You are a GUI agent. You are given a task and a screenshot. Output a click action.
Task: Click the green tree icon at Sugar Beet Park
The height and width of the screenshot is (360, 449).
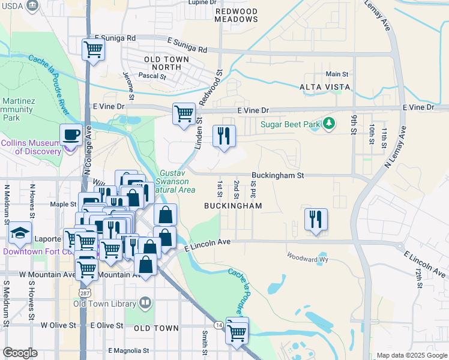click(x=328, y=125)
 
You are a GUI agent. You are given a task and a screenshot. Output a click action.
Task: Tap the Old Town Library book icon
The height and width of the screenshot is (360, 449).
click(x=145, y=304)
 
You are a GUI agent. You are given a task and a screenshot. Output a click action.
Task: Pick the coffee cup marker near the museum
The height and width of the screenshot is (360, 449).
click(x=71, y=135)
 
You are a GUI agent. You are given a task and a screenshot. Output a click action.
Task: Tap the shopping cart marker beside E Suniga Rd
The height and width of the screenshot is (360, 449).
click(x=93, y=50)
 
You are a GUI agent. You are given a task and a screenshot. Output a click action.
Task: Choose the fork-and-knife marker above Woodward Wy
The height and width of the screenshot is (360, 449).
click(x=316, y=220)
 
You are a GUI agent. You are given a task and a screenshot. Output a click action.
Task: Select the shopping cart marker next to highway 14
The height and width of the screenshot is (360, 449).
click(x=237, y=332)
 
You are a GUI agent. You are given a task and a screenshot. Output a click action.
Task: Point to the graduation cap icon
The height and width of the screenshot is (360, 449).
click(x=20, y=233)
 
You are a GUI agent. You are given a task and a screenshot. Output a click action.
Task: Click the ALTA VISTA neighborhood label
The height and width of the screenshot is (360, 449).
click(x=324, y=88)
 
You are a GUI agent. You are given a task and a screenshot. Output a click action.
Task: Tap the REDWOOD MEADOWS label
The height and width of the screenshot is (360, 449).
click(x=236, y=16)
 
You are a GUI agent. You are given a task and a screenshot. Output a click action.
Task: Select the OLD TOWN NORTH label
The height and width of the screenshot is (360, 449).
click(x=166, y=64)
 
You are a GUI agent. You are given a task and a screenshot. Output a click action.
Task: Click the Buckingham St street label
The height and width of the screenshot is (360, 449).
click(x=278, y=175)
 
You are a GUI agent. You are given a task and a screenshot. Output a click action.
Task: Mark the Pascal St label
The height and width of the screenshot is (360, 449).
click(x=152, y=76)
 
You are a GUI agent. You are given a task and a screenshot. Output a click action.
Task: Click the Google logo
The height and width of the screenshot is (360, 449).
click(x=20, y=353)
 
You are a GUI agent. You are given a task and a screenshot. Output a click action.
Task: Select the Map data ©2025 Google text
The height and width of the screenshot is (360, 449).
click(x=411, y=355)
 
